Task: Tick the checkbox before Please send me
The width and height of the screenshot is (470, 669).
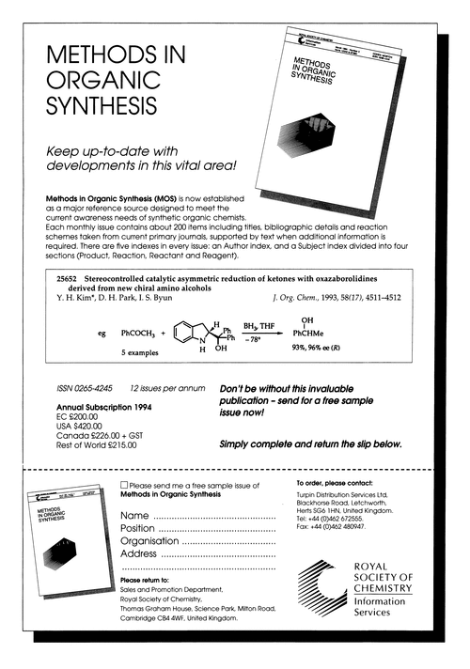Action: (125, 483)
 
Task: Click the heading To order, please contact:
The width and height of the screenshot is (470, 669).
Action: (334, 483)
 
